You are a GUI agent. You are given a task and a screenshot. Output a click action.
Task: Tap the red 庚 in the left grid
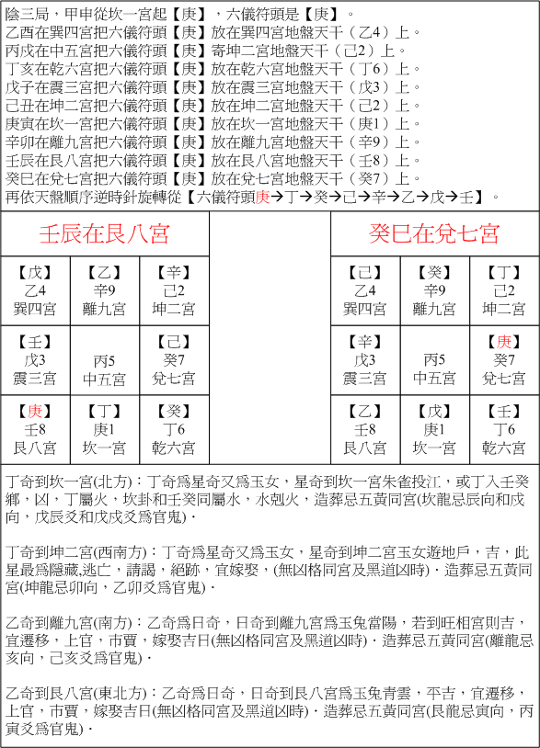click(35, 412)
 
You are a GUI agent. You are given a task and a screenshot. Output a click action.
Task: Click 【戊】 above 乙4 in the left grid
click(35, 272)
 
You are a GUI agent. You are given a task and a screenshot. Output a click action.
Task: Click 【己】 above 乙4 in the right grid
click(365, 272)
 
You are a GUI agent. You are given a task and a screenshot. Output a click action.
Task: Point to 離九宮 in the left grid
click(104, 308)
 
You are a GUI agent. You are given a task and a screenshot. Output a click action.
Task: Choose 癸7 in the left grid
click(173, 359)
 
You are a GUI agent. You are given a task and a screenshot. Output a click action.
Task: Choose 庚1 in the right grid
click(434, 430)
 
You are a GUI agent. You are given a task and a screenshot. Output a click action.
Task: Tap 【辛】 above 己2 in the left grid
click(173, 272)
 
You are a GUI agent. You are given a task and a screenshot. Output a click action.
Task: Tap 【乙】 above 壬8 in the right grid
click(365, 412)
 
